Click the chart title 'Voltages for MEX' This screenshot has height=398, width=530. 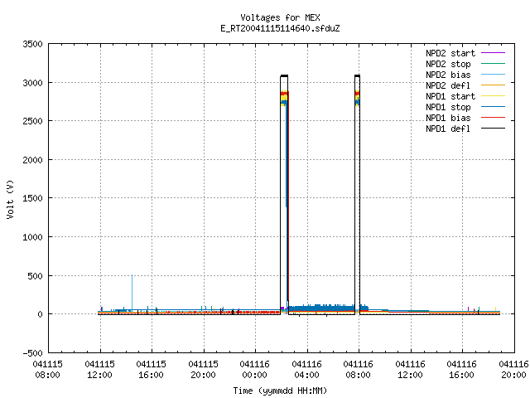pos(280,17)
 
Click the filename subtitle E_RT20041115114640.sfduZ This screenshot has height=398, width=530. pos(280,28)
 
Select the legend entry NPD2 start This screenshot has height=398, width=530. pos(450,53)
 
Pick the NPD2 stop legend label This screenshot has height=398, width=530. pos(448,64)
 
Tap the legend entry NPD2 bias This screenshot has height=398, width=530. pos(448,75)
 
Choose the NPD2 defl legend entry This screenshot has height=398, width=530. pos(448,85)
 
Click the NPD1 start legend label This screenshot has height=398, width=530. pos(450,96)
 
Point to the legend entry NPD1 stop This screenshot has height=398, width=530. pos(448,107)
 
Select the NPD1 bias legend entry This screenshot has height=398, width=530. pos(448,118)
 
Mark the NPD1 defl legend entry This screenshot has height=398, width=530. pos(448,129)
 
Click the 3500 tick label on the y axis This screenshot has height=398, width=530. pos(33,44)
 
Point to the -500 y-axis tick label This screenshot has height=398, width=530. pos(33,353)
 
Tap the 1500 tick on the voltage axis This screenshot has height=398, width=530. pos(33,198)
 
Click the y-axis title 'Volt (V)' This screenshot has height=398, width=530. pos(11,199)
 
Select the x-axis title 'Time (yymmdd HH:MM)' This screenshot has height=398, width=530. pos(280,391)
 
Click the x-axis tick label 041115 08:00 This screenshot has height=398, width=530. pos(48,370)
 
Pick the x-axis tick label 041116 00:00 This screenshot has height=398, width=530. pos(254,370)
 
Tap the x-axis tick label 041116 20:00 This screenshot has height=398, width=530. pos(513,370)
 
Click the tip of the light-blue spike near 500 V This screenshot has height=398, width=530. pos(132,275)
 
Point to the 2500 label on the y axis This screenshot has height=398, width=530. pos(33,121)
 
